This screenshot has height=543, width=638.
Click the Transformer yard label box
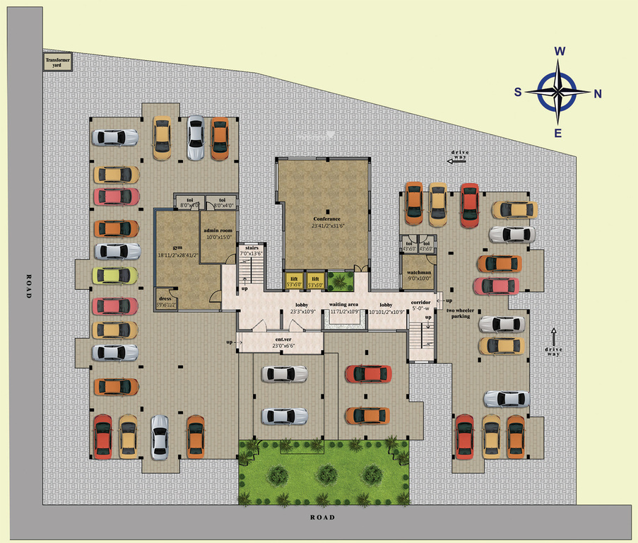(54, 62)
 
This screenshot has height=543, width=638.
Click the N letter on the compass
(598, 93)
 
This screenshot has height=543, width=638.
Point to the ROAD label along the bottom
(322, 518)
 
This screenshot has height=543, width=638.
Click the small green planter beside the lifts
(340, 281)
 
